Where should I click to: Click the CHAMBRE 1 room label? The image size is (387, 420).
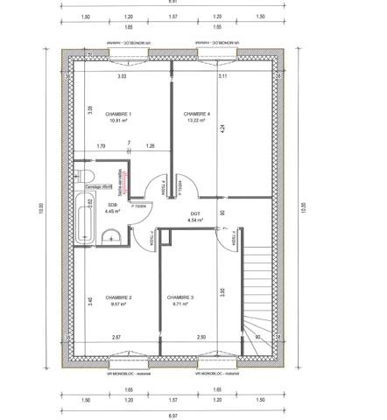tap(118, 115)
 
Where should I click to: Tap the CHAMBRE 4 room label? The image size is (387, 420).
tap(197, 115)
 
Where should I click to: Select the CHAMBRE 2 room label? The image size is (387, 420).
tap(118, 298)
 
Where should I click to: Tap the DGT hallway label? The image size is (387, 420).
tap(195, 214)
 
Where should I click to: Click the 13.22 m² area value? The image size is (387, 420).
tap(196, 122)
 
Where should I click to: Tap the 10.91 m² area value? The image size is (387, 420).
tap(118, 122)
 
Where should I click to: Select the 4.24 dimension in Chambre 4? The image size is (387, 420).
tap(223, 128)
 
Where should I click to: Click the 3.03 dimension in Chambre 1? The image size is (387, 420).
tap(123, 78)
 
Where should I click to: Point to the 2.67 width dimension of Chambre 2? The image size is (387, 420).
tap(116, 338)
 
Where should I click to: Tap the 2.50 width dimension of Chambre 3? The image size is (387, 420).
tap(201, 338)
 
